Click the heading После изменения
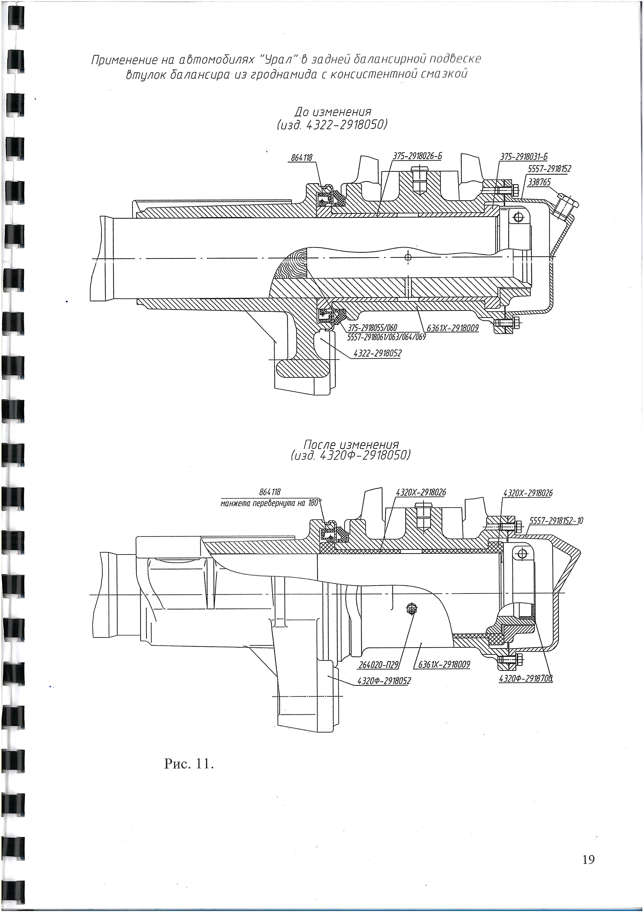pos(351,444)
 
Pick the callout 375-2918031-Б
pos(524,156)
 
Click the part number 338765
pos(539,182)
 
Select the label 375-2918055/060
pos(372,328)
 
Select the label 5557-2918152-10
pos(556,521)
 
